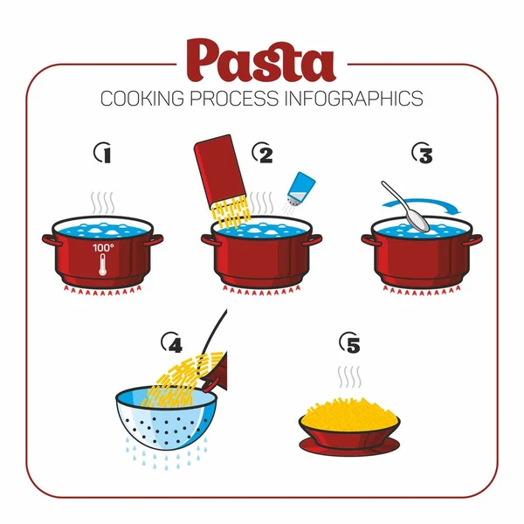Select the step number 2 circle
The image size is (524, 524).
(264, 154)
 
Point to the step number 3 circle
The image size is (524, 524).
(423, 154)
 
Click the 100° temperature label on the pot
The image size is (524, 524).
(103, 249)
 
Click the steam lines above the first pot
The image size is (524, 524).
(104, 203)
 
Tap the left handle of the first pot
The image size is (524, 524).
(49, 237)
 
